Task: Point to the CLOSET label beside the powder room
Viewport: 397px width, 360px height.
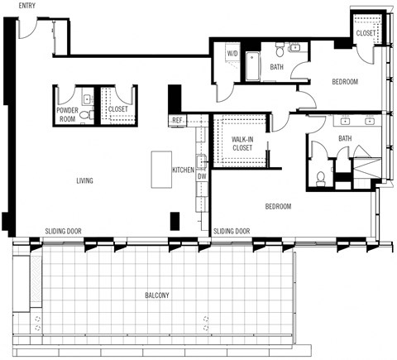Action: pos(118,109)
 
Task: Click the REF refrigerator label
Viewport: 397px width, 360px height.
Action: pos(177,121)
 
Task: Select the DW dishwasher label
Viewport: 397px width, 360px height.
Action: pos(201,175)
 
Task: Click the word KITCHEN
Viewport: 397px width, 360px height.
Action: pos(183,170)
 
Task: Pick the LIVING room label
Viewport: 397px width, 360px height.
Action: pos(84,180)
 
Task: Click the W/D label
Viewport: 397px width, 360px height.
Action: pos(232,54)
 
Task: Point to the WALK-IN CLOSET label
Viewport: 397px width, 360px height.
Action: pos(242,143)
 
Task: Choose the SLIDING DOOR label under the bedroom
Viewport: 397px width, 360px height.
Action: pos(232,232)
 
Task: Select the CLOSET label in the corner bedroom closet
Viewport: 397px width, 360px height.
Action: pos(366,33)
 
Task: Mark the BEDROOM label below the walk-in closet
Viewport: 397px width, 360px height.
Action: pos(278,206)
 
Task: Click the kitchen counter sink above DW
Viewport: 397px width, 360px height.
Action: pos(201,160)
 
